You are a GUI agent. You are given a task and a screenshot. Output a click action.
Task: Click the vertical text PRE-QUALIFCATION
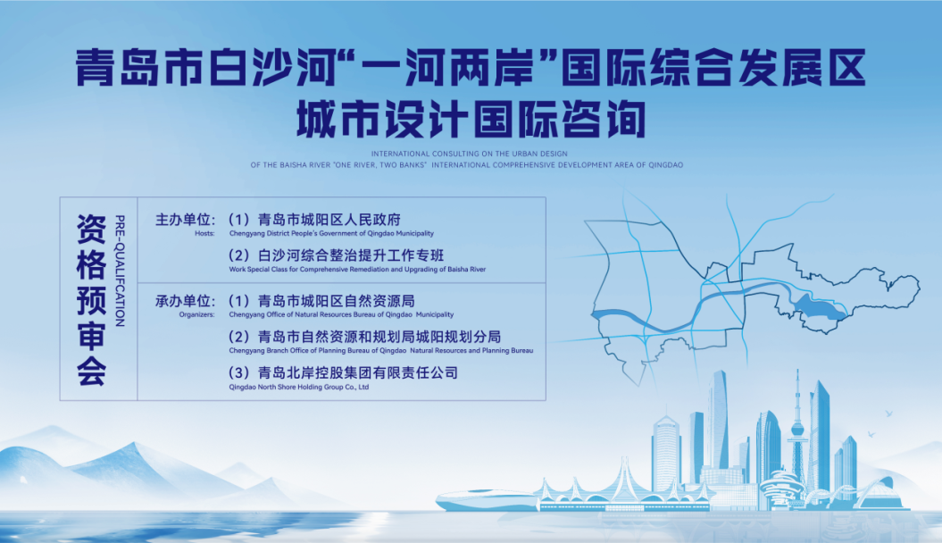point(120,271)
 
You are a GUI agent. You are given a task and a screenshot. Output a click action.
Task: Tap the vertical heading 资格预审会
point(91,299)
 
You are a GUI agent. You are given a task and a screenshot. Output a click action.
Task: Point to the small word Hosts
point(204,234)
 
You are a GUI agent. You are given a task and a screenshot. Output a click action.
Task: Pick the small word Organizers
point(196,314)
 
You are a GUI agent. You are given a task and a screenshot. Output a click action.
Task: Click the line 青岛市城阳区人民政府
point(329,220)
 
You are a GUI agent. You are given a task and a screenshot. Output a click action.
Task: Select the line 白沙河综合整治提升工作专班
point(351,256)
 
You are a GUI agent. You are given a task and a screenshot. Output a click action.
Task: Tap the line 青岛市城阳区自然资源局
point(337,301)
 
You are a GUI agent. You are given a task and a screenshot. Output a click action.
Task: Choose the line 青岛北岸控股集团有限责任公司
point(358,373)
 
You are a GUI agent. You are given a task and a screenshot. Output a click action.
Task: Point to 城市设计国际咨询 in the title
point(471,119)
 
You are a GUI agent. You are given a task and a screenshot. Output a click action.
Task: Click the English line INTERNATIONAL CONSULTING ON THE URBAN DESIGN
point(469,154)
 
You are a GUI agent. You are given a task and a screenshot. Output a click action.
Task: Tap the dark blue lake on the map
point(820,307)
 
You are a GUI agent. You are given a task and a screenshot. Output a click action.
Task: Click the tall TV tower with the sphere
point(798,430)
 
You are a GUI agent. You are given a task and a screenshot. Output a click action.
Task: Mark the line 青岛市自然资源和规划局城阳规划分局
point(379,337)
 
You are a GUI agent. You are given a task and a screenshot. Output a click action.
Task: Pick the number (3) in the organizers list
point(239,373)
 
